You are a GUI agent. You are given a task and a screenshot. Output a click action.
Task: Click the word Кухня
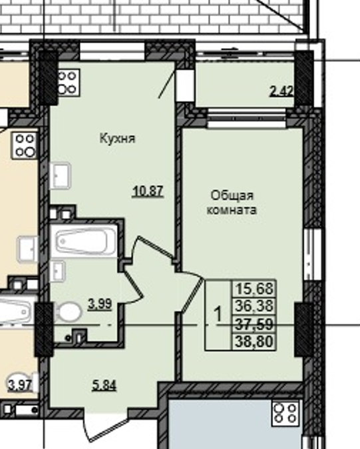(117, 139)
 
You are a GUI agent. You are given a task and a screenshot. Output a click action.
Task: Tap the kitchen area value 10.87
(148, 191)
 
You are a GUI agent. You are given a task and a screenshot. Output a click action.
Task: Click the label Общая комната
(232, 201)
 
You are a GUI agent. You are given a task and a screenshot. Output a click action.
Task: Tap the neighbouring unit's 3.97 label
(19, 384)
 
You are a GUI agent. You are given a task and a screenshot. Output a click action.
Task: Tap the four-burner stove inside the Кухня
(67, 82)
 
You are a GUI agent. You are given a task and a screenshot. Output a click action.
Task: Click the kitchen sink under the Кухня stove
(63, 176)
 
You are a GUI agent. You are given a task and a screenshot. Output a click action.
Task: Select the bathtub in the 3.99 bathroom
(85, 241)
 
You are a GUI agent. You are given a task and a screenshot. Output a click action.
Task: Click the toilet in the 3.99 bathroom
(69, 312)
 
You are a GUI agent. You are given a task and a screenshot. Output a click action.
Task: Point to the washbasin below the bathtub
(59, 270)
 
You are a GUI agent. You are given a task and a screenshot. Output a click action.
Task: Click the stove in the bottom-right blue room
(287, 414)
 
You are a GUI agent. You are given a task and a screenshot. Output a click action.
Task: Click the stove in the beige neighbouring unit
(25, 145)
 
